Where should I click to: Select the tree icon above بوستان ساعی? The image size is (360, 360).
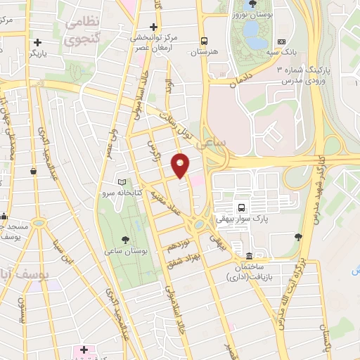124,238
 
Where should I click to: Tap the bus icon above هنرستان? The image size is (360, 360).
204,40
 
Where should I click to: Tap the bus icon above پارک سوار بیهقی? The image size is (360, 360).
242,207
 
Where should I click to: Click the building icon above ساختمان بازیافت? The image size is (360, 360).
249,255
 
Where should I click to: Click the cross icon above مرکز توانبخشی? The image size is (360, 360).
153,27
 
